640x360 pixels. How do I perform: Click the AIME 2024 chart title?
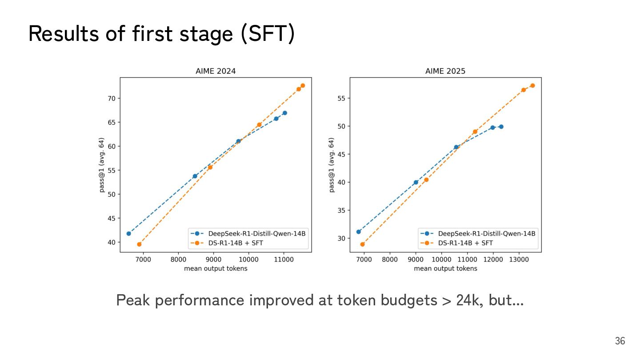(216, 71)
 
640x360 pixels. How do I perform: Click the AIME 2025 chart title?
(445, 71)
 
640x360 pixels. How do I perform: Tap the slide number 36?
(620, 341)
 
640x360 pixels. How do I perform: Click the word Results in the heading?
(63, 34)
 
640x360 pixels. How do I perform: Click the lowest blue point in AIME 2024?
(129, 233)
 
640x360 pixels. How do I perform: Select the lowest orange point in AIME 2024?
(139, 244)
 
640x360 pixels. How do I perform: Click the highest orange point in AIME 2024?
(303, 85)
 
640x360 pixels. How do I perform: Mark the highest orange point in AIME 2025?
(532, 85)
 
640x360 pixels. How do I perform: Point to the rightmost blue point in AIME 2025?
(501, 127)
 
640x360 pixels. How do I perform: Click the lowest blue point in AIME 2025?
(359, 232)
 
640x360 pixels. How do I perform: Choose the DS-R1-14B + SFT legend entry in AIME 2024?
(235, 243)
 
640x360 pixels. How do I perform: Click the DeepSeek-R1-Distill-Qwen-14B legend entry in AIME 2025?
(486, 233)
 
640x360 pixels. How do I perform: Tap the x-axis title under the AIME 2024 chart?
(216, 268)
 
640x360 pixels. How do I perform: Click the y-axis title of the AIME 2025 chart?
(332, 165)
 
